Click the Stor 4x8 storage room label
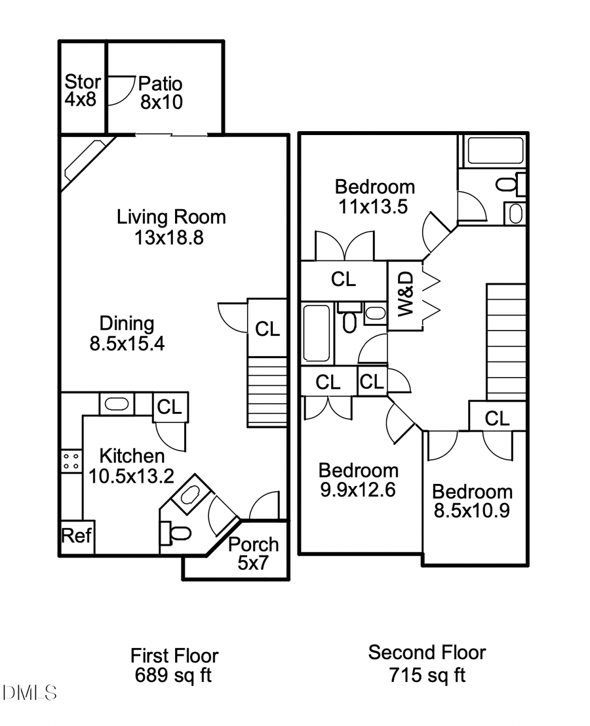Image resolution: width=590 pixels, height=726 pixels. click(x=83, y=92)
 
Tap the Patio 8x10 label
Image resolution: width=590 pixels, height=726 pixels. click(x=161, y=92)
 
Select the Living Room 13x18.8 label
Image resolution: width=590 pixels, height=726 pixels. click(x=170, y=226)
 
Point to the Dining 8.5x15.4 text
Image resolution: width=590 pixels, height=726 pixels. click(x=127, y=333)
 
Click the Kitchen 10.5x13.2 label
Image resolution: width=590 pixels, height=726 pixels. click(x=131, y=466)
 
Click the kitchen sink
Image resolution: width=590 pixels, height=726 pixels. click(x=117, y=404)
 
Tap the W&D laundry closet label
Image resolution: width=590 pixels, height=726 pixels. click(x=405, y=296)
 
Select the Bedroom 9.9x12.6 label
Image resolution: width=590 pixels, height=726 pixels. click(x=358, y=480)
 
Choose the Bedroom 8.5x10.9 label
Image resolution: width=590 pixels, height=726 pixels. click(x=472, y=501)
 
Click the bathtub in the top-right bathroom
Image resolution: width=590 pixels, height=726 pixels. click(x=495, y=150)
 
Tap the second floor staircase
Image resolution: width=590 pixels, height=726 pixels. click(x=505, y=341)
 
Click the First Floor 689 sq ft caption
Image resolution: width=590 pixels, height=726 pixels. click(x=174, y=665)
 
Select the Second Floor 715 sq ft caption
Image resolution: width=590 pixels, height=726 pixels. click(x=427, y=663)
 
